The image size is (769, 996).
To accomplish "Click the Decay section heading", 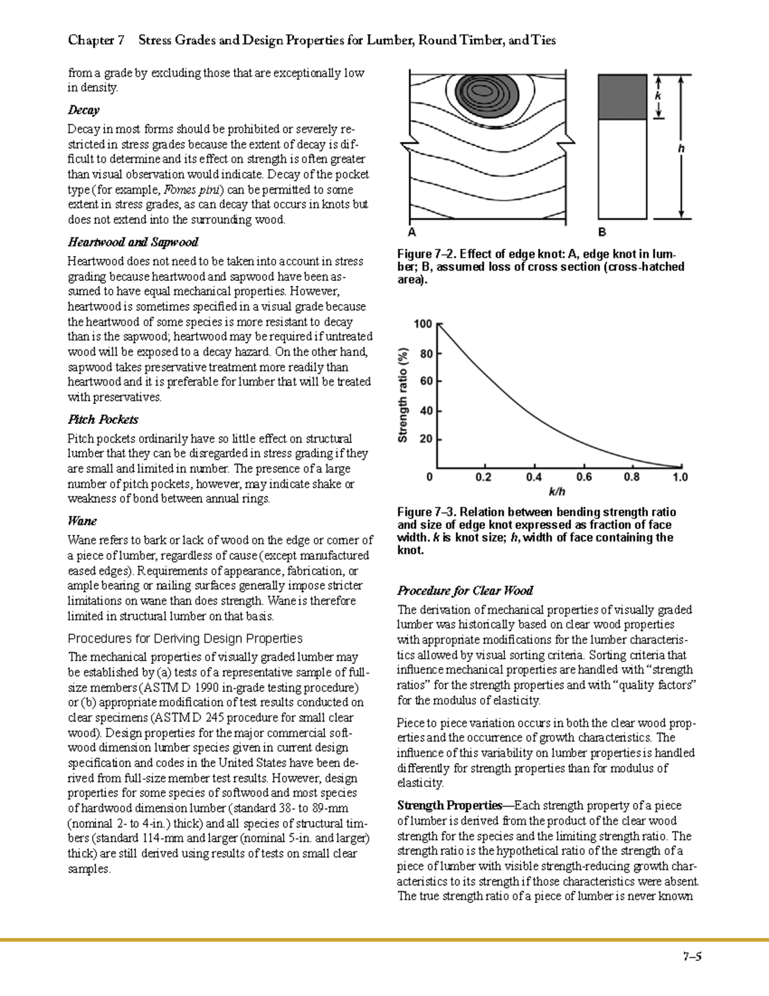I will [83, 110].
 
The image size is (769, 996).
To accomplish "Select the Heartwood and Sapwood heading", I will [133, 242].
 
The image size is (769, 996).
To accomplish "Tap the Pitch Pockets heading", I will [103, 419].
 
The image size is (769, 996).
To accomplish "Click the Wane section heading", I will [82, 521].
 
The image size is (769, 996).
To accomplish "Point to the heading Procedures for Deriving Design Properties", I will [185, 639].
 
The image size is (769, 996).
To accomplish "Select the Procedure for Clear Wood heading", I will [465, 591].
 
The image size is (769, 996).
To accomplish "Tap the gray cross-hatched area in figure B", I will [622, 97].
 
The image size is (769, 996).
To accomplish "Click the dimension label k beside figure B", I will [658, 96].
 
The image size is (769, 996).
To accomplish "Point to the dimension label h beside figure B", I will [681, 149].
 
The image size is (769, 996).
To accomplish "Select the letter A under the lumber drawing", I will [411, 232].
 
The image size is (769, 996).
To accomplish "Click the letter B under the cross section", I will [602, 232].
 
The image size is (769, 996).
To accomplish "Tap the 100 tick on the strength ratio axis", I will [423, 324].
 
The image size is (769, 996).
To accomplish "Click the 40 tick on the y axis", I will [426, 410].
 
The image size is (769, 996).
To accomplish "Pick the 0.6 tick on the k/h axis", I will [584, 477].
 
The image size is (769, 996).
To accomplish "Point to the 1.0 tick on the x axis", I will [680, 477].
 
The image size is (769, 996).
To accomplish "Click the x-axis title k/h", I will [558, 492].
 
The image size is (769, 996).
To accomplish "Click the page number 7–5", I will [692, 957].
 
